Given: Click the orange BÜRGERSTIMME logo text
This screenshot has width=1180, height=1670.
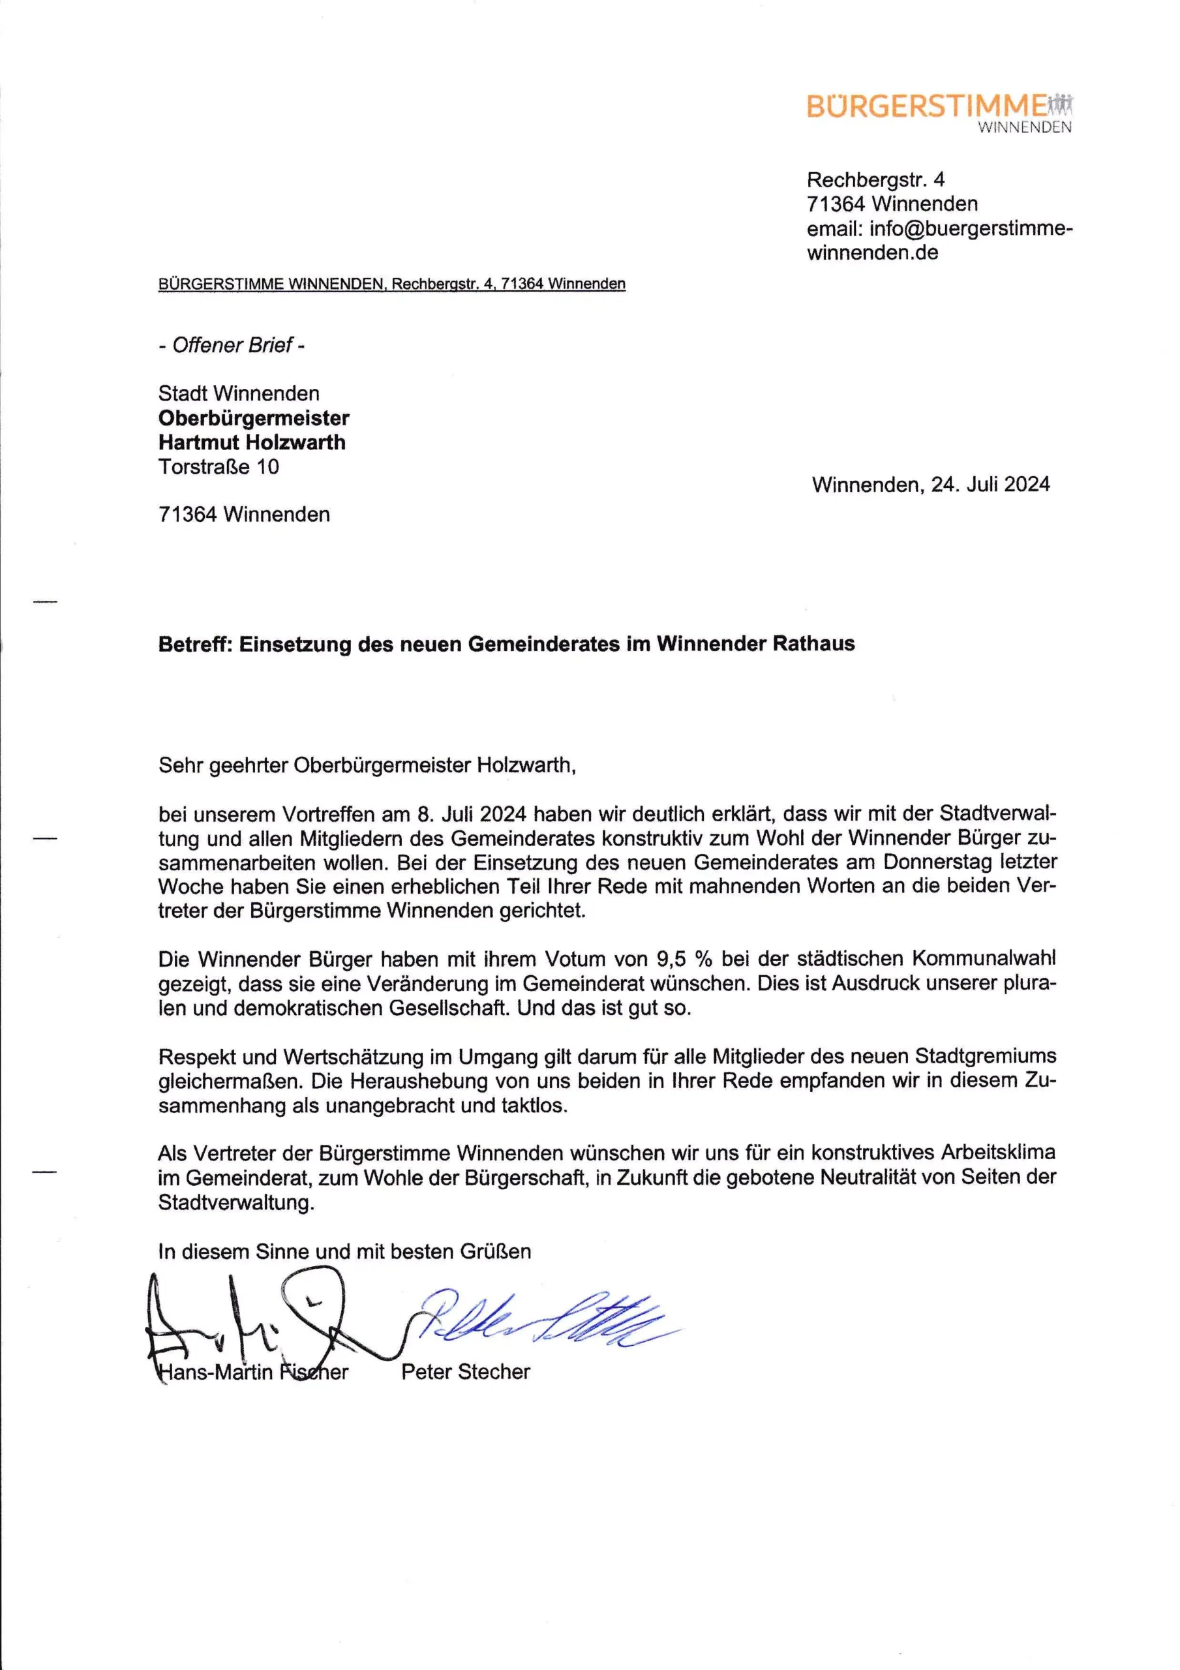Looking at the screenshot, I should pyautogui.click(x=926, y=106).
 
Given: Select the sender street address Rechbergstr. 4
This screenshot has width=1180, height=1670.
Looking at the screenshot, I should pyautogui.click(x=875, y=179).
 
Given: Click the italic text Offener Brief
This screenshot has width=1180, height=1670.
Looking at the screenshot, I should pyautogui.click(x=232, y=345).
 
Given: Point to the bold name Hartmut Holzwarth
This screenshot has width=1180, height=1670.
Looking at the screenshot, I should pyautogui.click(x=252, y=442).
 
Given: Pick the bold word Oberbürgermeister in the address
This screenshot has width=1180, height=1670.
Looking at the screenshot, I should pyautogui.click(x=254, y=418).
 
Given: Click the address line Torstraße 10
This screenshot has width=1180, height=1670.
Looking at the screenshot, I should pyautogui.click(x=219, y=467).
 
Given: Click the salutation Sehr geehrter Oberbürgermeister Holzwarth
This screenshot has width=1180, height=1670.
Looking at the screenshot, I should pyautogui.click(x=367, y=765).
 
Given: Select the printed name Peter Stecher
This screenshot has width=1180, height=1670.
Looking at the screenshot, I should pyautogui.click(x=466, y=1372).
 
